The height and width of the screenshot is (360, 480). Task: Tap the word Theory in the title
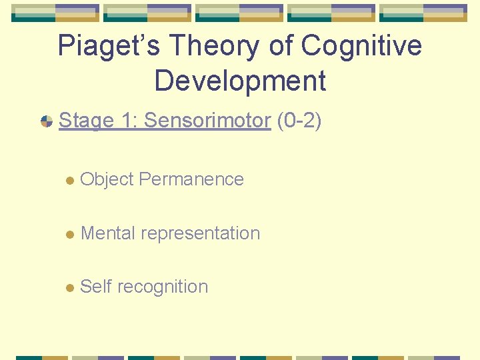203,46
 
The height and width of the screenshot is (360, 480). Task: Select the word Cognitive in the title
362,46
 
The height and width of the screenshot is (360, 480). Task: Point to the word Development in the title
240,81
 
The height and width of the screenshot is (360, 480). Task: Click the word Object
107,179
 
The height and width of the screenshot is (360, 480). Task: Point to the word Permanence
192,179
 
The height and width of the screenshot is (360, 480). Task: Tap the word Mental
107,233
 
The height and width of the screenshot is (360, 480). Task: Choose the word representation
201,233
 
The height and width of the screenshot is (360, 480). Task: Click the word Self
95,287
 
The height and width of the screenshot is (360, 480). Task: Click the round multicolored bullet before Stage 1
47,121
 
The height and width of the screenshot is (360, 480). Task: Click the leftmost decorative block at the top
55,13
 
